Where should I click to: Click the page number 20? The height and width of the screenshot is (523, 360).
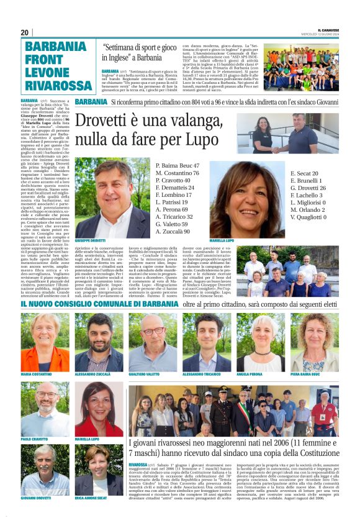tap(25, 32)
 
